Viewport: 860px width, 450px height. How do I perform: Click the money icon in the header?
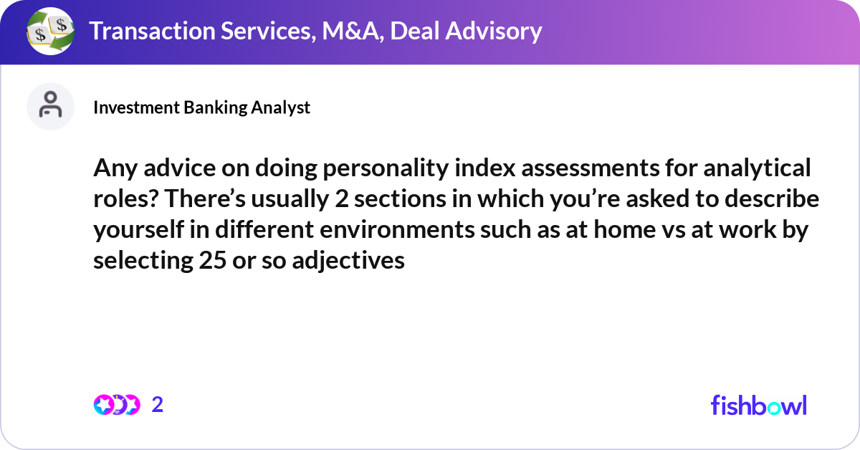pyautogui.click(x=50, y=32)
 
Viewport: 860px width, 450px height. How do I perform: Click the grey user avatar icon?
pyautogui.click(x=50, y=106)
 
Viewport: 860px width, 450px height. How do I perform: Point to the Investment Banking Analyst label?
pyautogui.click(x=201, y=107)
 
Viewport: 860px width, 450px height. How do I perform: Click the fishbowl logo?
pyautogui.click(x=758, y=405)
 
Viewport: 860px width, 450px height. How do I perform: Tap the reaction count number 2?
pyautogui.click(x=158, y=405)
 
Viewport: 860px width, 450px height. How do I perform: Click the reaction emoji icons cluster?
pyautogui.click(x=116, y=405)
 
